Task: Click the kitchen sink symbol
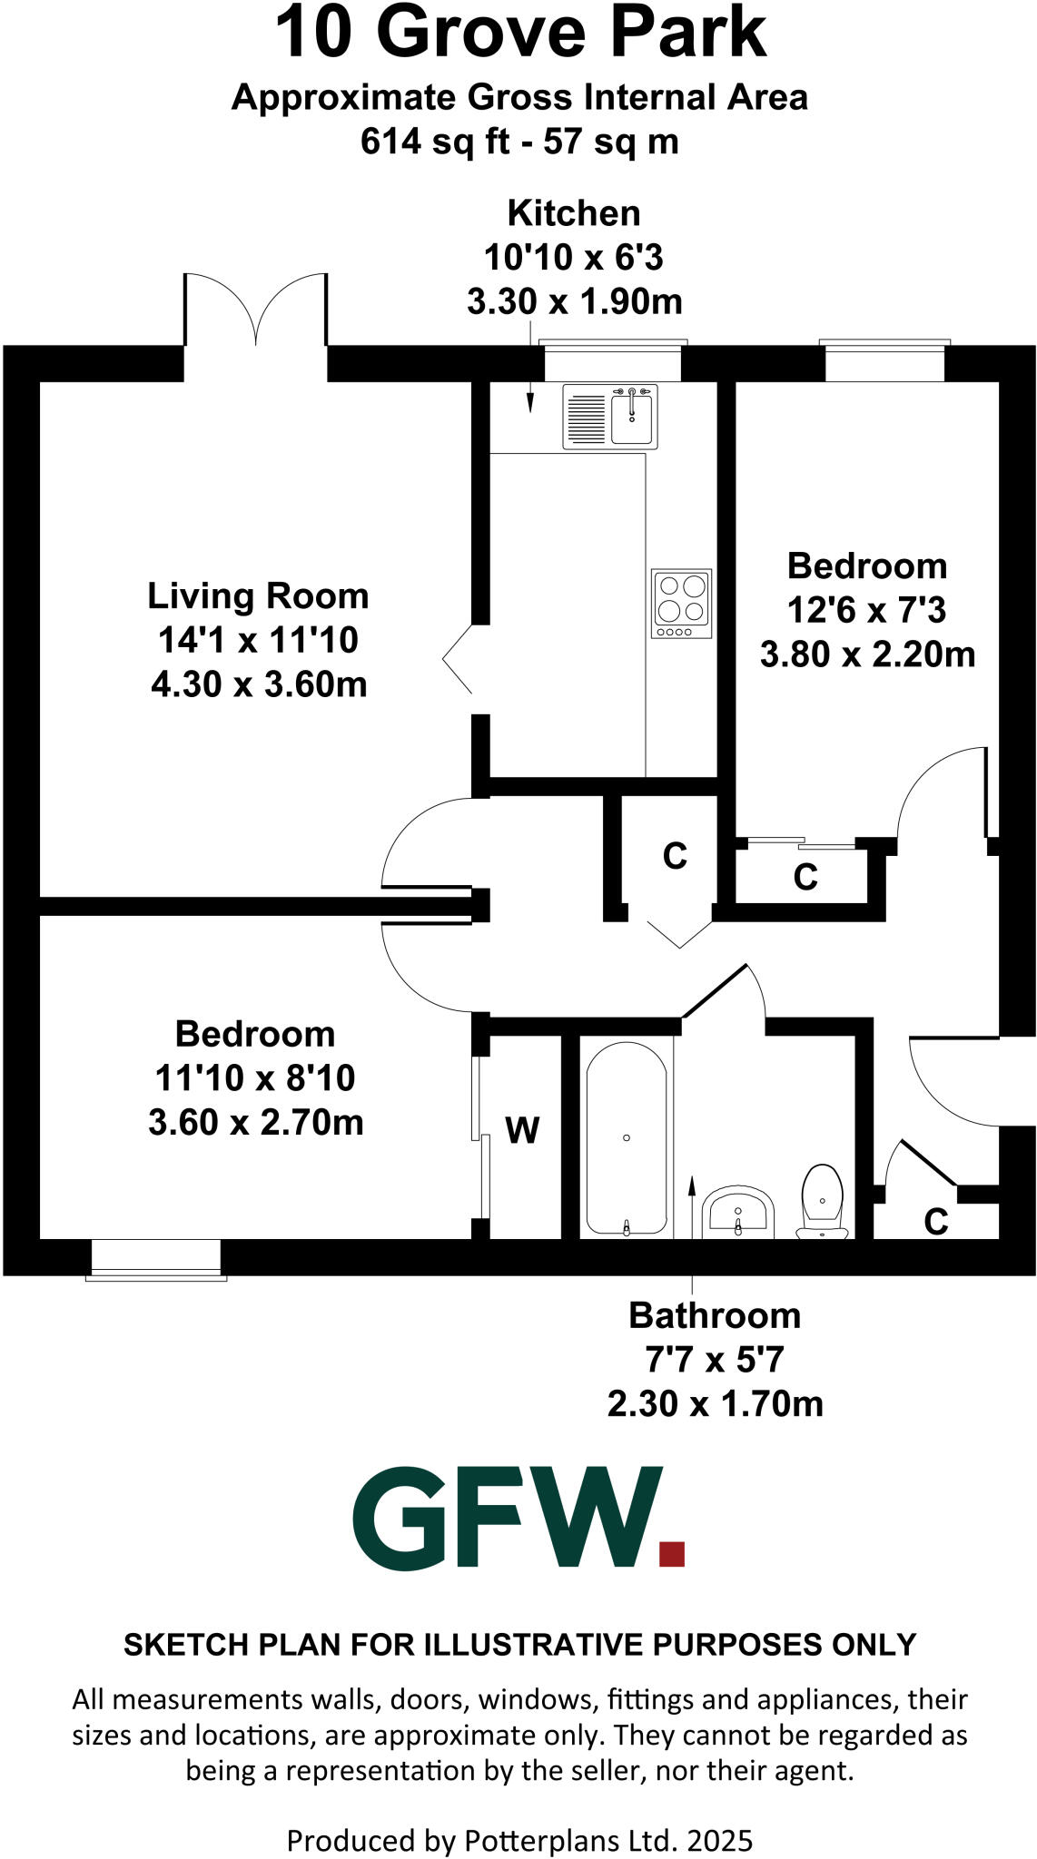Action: [x=609, y=417]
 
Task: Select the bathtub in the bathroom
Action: [x=627, y=1139]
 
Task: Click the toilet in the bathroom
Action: [x=823, y=1200]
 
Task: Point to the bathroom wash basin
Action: [x=738, y=1211]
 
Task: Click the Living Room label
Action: [x=258, y=596]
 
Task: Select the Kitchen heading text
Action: [x=574, y=213]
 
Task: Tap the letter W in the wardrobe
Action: [x=522, y=1131]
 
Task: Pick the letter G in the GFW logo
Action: [x=398, y=1518]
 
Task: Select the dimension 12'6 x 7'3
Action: [x=866, y=610]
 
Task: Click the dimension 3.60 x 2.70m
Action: [x=256, y=1123]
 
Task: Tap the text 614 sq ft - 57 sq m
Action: [x=519, y=142]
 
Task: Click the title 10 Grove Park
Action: [x=519, y=34]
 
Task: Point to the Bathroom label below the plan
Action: [x=715, y=1315]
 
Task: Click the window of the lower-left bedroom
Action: [x=156, y=1260]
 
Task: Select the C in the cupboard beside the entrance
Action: [x=935, y=1223]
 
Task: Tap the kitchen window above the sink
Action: [x=612, y=362]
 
